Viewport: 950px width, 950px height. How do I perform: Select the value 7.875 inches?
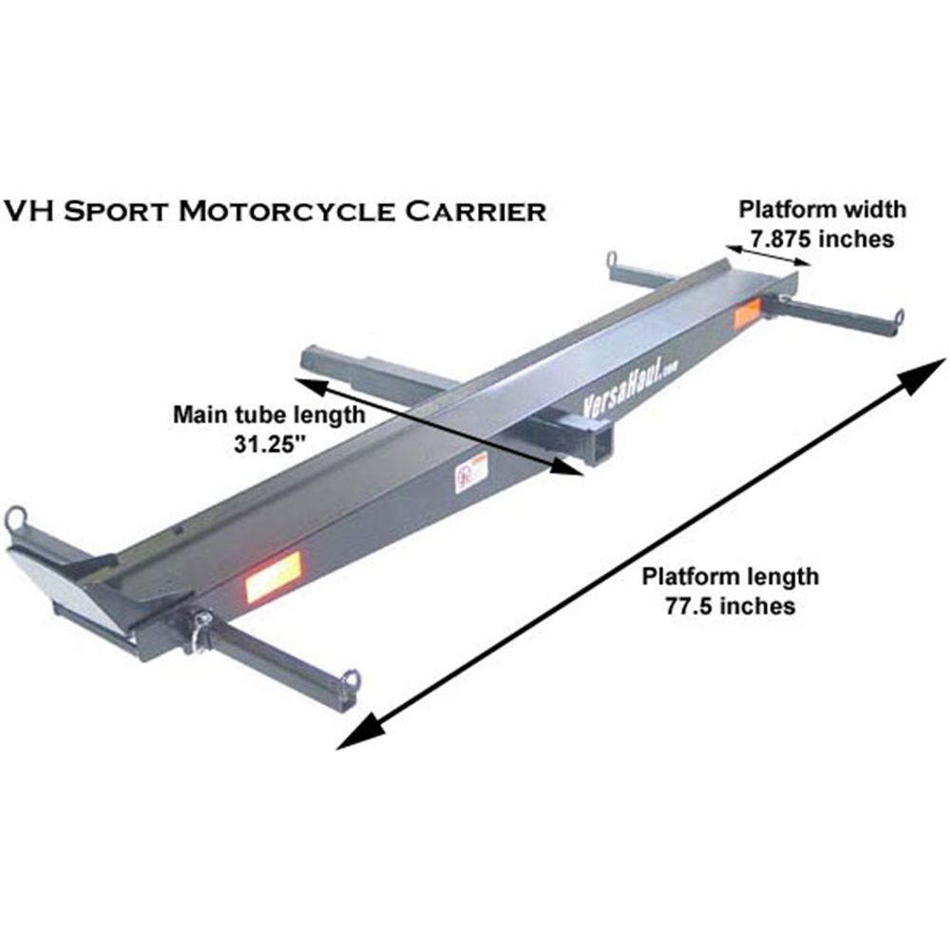(823, 239)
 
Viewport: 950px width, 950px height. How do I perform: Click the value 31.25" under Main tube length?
(268, 443)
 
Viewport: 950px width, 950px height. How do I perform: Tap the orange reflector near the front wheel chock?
(273, 576)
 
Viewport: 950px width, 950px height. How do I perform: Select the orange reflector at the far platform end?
(748, 315)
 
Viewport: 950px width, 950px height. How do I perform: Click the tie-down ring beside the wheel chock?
(16, 519)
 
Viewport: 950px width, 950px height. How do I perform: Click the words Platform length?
(730, 576)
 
